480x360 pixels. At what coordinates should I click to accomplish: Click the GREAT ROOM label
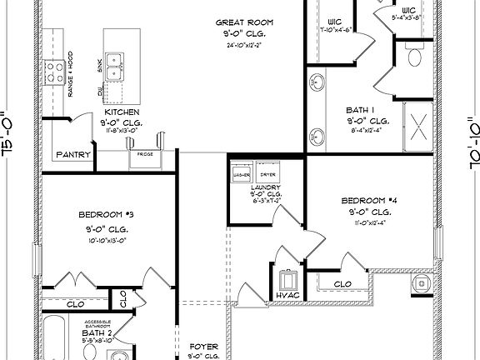coord(241,22)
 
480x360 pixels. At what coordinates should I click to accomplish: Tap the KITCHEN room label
coord(122,112)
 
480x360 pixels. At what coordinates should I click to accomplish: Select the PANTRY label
coord(73,155)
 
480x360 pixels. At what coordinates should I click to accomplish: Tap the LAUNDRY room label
coord(266,188)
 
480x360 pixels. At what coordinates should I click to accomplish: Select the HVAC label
coord(287,295)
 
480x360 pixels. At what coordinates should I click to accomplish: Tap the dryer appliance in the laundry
coord(267,172)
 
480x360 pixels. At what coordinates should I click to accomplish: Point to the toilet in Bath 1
coord(416,56)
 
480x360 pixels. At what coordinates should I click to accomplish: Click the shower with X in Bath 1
coord(417,128)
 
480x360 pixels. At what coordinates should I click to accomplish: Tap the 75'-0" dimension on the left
coord(9,134)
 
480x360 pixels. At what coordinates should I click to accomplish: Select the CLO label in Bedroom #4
coord(342,283)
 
